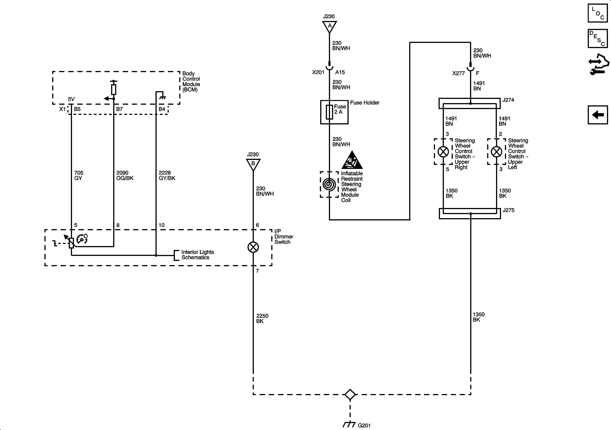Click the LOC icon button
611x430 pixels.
click(x=598, y=13)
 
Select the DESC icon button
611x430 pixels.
click(x=598, y=39)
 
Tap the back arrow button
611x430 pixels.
click(x=598, y=115)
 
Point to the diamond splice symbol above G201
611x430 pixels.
click(x=350, y=395)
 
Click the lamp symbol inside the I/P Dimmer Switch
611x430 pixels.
click(x=253, y=247)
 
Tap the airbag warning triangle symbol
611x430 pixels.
click(x=352, y=160)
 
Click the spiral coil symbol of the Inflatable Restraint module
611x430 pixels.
click(x=329, y=184)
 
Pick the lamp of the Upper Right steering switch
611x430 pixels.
click(x=443, y=152)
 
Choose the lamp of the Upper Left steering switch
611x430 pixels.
click(x=497, y=152)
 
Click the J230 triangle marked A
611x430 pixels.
click(x=329, y=26)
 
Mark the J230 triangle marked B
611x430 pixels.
click(x=253, y=164)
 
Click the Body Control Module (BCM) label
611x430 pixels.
click(x=191, y=81)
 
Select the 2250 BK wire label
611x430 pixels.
click(x=262, y=318)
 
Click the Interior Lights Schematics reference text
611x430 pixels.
click(x=197, y=255)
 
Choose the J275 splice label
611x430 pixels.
click(x=508, y=210)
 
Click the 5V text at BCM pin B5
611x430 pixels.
click(x=71, y=99)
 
